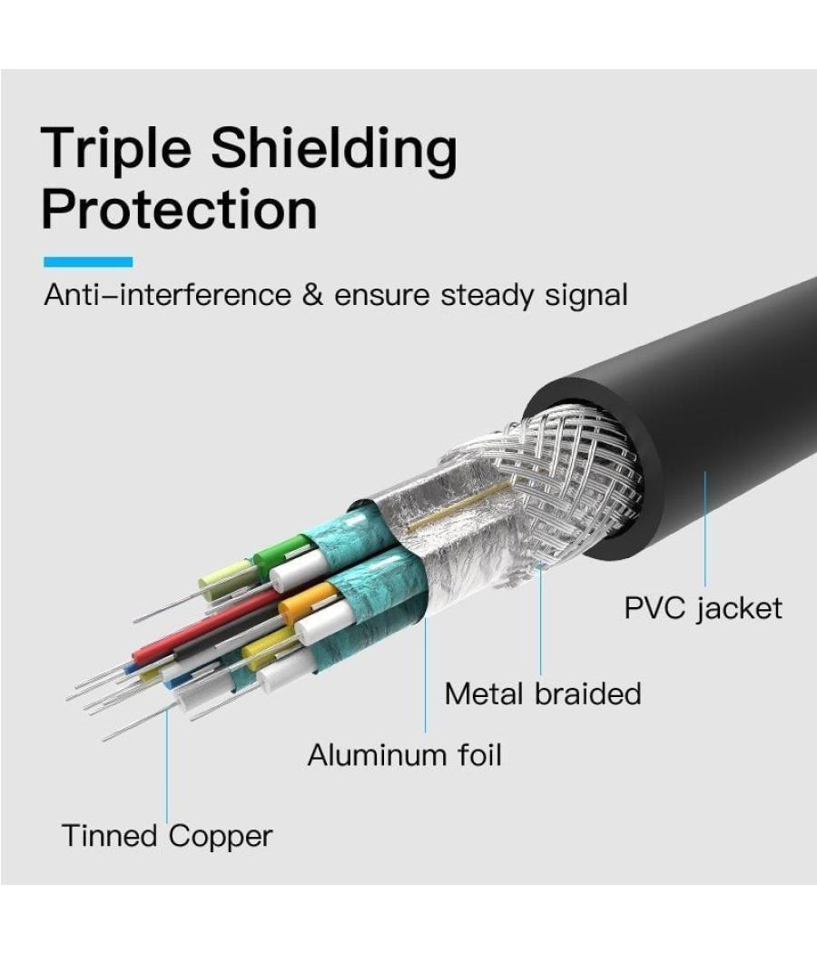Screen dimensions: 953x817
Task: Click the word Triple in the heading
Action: tap(114, 150)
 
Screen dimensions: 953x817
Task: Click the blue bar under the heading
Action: tap(88, 262)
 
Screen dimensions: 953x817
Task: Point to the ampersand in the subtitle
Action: tap(312, 296)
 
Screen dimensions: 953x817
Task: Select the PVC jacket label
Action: tap(703, 607)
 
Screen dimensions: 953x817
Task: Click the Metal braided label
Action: tap(542, 693)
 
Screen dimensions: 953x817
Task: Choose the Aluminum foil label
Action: tap(404, 754)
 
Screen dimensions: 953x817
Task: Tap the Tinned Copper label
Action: tap(167, 835)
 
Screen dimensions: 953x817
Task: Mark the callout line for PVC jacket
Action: tap(704, 526)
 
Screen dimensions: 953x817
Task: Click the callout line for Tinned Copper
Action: tap(167, 762)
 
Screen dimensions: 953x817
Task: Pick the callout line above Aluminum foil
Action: tap(425, 672)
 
